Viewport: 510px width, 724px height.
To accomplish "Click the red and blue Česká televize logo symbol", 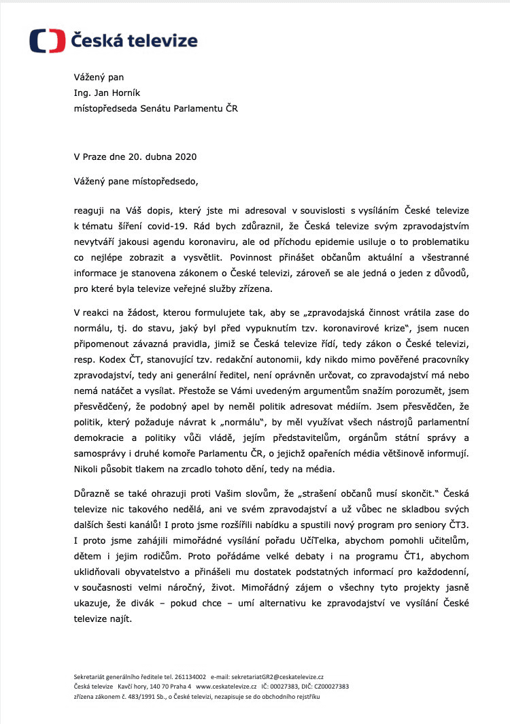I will [47, 41].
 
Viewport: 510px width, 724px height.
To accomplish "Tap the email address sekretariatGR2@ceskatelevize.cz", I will [277, 678].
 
